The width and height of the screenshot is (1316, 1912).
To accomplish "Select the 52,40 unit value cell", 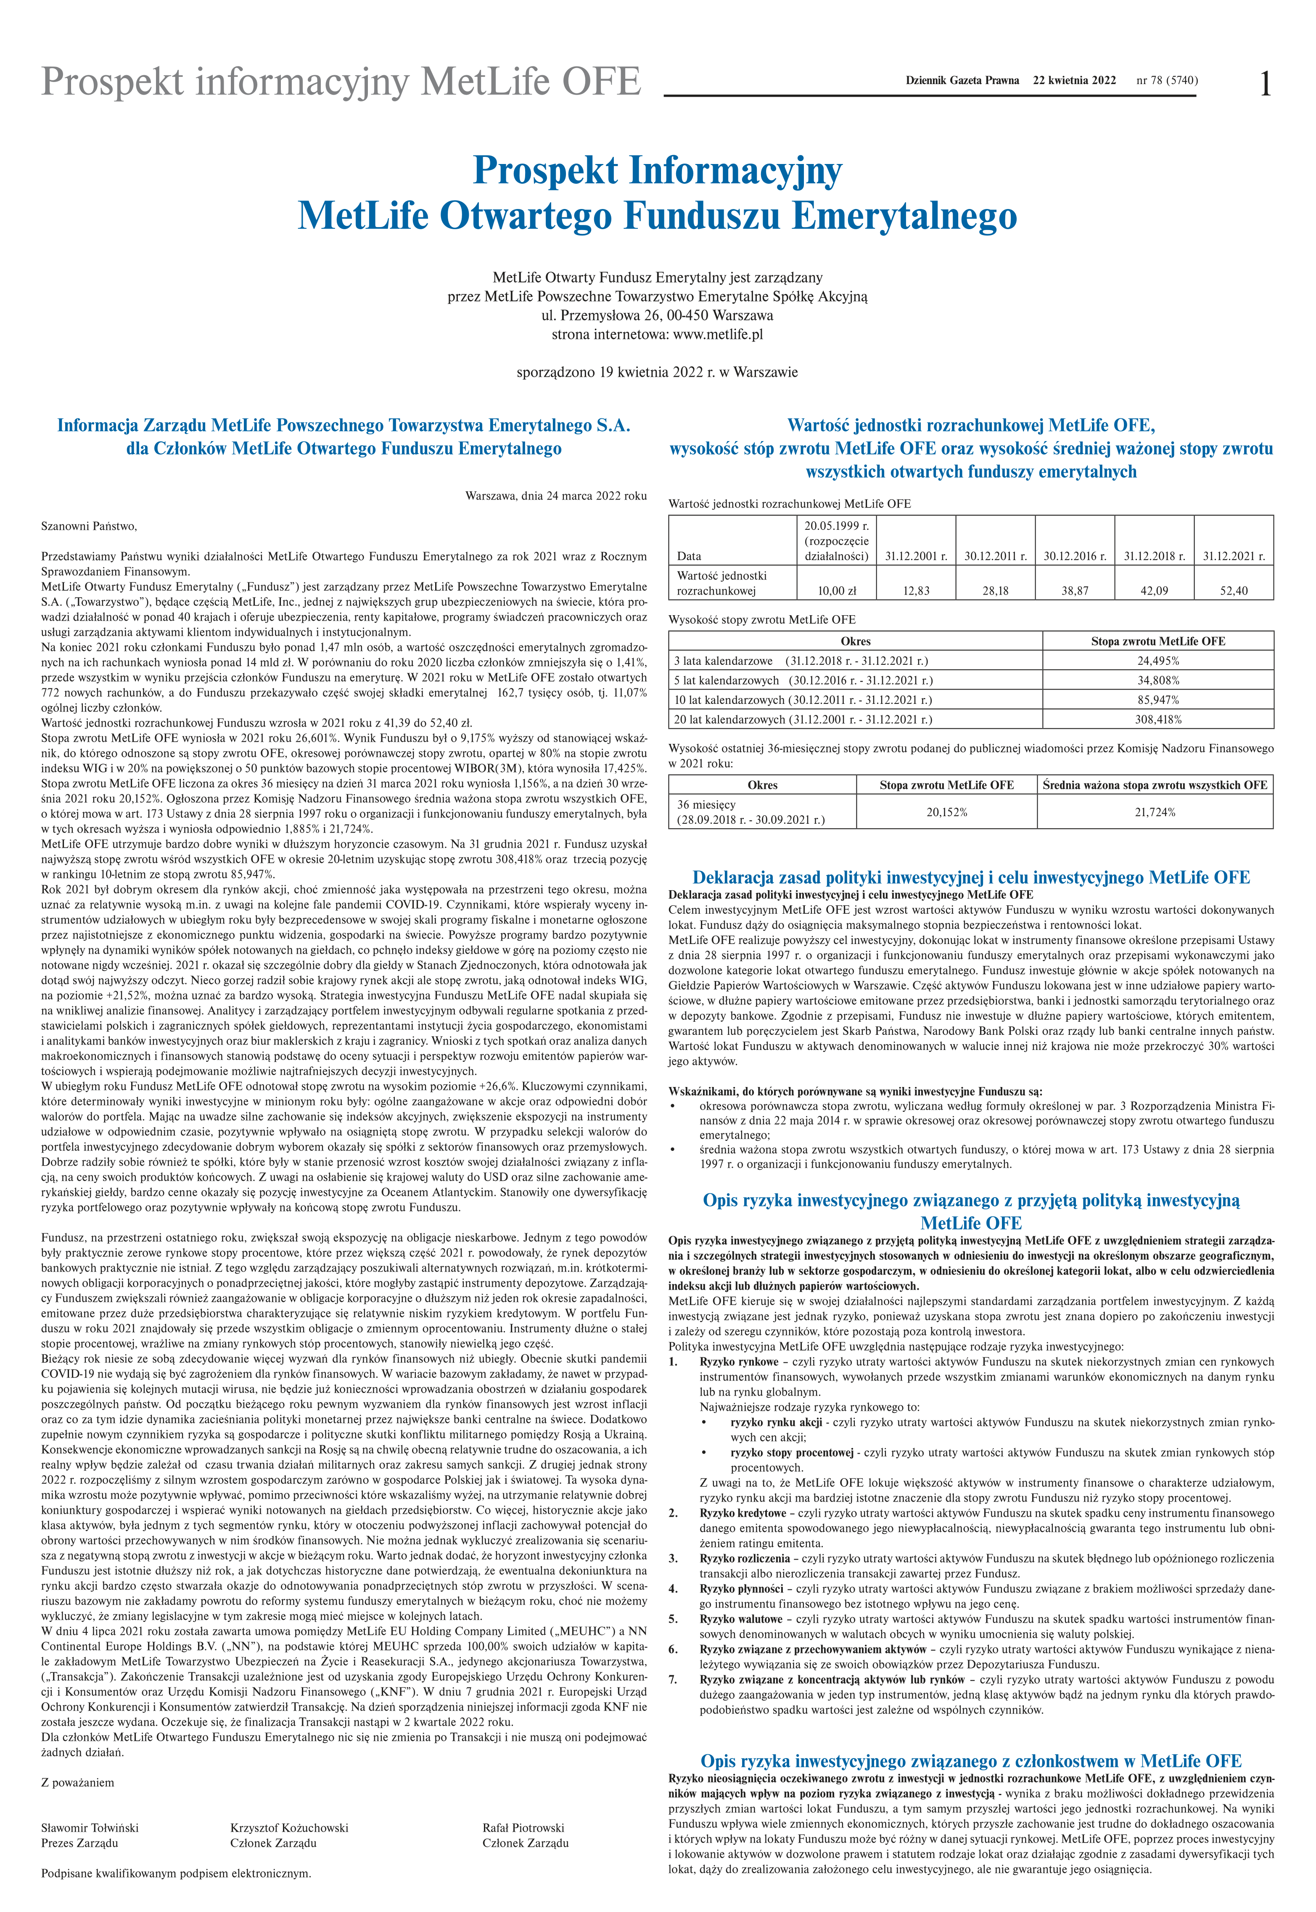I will [x=1234, y=590].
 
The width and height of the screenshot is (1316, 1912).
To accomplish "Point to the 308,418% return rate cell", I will [x=1157, y=719].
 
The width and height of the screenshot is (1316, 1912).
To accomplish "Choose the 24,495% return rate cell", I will [x=1157, y=661].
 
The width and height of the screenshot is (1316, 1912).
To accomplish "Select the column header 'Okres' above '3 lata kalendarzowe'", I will [x=855, y=641].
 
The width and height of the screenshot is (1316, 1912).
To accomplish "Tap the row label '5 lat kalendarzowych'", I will [x=727, y=680].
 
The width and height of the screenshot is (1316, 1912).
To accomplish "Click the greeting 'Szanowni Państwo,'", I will [x=89, y=526].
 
